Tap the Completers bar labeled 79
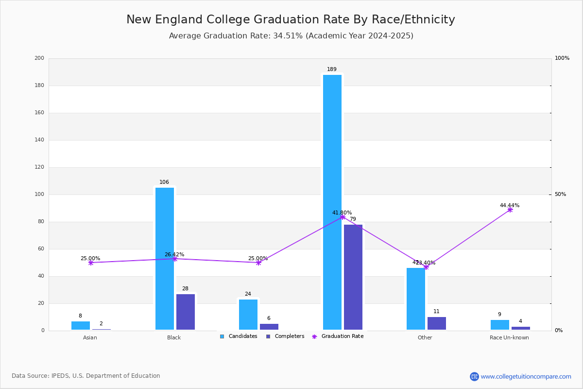pos(353,277)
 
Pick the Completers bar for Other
pos(437,323)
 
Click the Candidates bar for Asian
pos(81,326)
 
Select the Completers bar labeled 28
pos(186,312)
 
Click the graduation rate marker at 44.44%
pos(510,210)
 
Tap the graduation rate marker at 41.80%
pos(343,217)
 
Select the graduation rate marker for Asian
pos(91,263)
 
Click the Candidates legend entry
pos(239,336)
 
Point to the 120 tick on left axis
pos(39,167)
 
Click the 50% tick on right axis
pos(560,194)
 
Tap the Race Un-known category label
pos(509,338)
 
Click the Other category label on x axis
pos(425,338)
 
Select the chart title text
pos(291,19)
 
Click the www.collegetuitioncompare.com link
pos(526,376)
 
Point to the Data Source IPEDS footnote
pos(86,376)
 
